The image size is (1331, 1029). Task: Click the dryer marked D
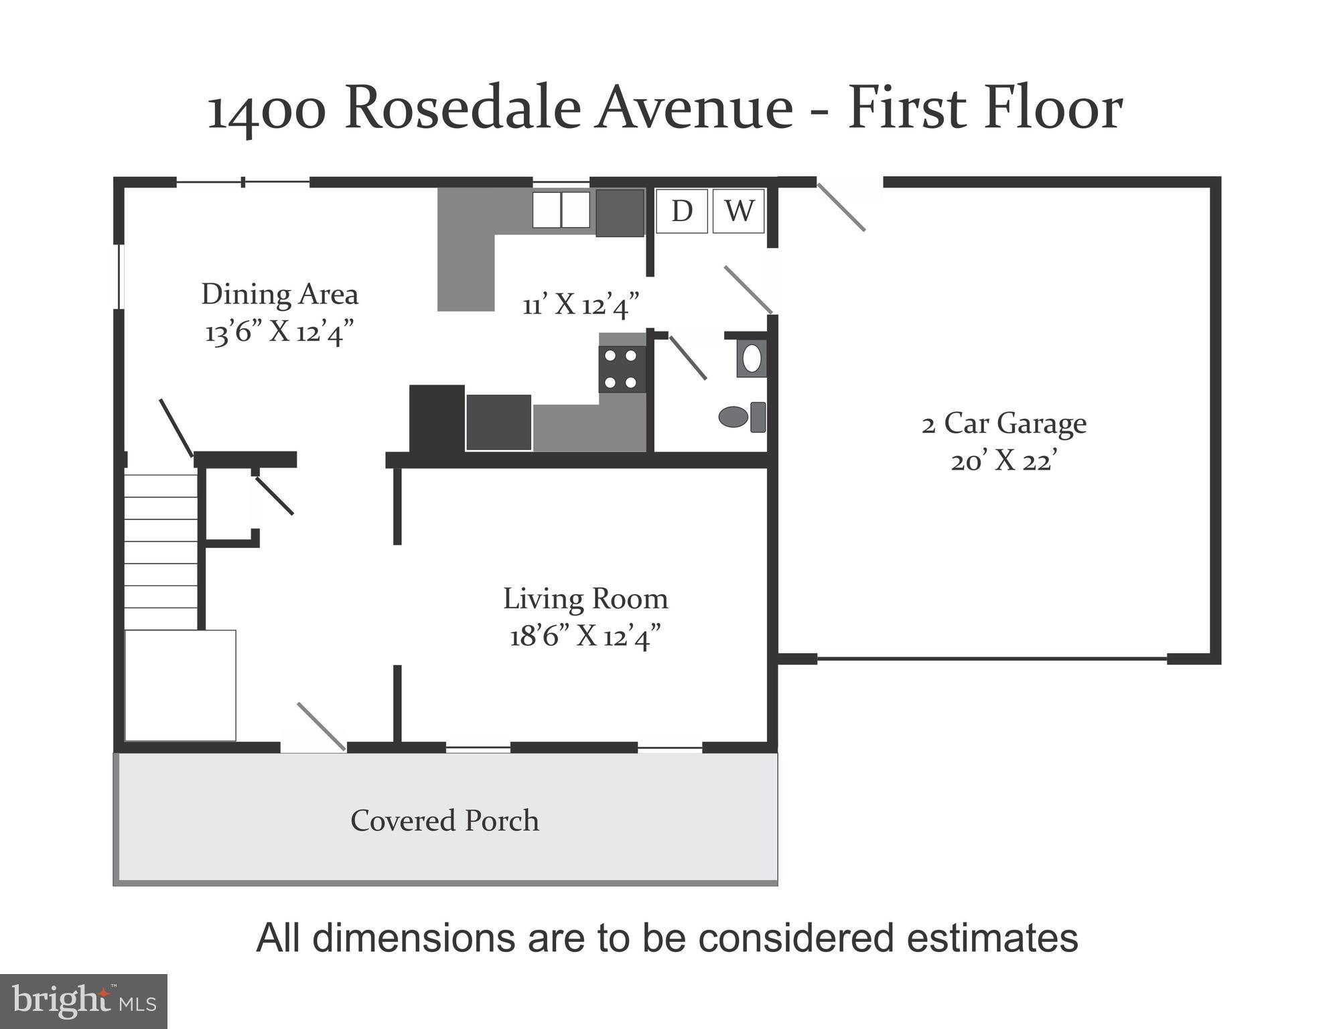click(x=681, y=211)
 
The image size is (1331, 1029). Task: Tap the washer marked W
click(x=738, y=211)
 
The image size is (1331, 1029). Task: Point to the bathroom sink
click(x=752, y=358)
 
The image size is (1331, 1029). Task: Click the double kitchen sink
click(x=561, y=210)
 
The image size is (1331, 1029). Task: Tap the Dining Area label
click(x=279, y=294)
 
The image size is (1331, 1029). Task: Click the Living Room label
click(x=585, y=599)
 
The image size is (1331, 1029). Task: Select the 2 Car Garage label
click(x=1003, y=423)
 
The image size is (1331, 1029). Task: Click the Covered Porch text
click(x=444, y=821)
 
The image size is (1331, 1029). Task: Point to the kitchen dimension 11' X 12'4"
click(x=580, y=305)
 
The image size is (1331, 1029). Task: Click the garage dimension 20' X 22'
click(x=1003, y=462)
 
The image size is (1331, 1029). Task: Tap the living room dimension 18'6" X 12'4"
click(x=585, y=636)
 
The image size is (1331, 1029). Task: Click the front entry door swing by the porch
click(x=321, y=726)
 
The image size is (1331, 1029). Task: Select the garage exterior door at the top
click(x=841, y=206)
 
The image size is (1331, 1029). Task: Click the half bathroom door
click(x=688, y=357)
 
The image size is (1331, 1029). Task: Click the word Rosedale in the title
click(x=463, y=109)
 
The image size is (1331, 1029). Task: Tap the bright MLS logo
click(x=83, y=1002)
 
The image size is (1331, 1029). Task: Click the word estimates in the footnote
click(x=992, y=938)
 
